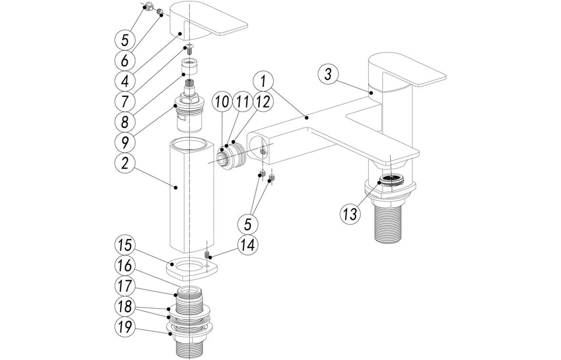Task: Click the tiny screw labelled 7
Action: coord(190,49)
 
